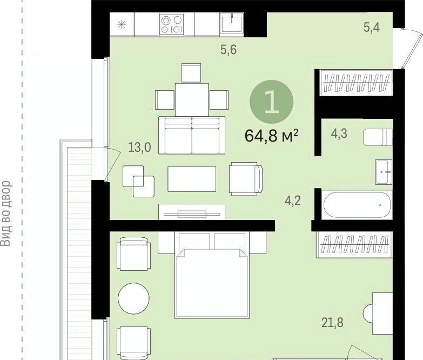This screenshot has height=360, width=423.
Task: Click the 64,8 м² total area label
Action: [x=271, y=136]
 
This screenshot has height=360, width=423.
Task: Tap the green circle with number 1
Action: [x=271, y=102]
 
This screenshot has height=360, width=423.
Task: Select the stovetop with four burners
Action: [x=171, y=24]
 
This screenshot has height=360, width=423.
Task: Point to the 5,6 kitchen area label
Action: [x=229, y=50]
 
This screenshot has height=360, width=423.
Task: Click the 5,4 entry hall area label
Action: [x=372, y=27]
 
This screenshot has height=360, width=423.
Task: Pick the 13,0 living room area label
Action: [x=139, y=148]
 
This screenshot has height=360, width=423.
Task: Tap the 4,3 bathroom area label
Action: [x=339, y=134]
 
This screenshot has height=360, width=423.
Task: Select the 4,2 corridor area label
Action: [x=293, y=201]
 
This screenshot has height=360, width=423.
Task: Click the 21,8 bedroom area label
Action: [x=333, y=323]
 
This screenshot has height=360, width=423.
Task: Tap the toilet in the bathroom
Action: [x=378, y=137]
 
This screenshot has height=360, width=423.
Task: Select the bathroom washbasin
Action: [x=384, y=172]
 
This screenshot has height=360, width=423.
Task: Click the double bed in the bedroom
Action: [x=212, y=275]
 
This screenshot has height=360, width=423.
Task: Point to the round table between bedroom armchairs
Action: [x=133, y=298]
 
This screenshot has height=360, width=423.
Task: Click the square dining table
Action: [x=192, y=99]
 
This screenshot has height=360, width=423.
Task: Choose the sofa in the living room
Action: [x=192, y=135]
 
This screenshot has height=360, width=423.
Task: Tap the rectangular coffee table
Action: [x=192, y=179]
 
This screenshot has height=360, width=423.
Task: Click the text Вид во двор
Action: [x=6, y=213]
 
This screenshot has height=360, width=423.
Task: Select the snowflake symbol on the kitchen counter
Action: [x=122, y=24]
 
